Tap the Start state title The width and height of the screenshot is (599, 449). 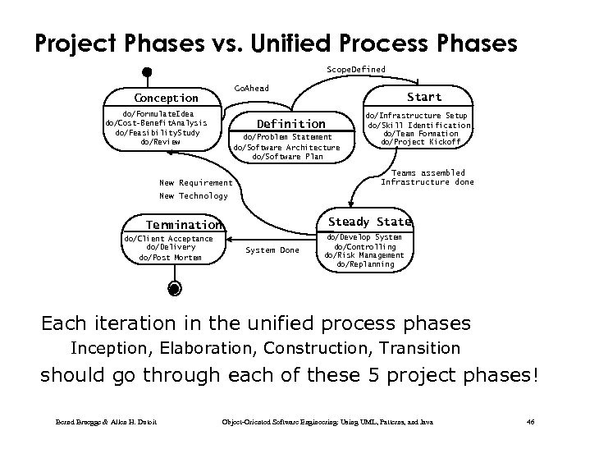[423, 97]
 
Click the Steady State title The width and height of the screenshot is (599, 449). [369, 222]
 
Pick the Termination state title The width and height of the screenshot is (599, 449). [183, 225]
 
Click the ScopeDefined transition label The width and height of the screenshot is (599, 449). [355, 70]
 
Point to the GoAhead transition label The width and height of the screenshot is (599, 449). [251, 88]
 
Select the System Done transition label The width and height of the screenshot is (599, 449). [272, 250]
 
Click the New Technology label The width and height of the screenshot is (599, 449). [193, 196]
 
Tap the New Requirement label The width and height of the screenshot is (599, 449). [195, 182]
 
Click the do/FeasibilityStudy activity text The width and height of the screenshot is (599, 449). [157, 132]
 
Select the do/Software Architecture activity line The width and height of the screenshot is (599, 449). [286, 147]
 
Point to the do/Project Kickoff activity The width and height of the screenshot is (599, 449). [421, 141]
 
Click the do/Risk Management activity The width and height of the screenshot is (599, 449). [364, 255]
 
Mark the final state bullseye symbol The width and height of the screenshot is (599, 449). [173, 288]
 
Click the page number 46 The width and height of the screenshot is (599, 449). [530, 422]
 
